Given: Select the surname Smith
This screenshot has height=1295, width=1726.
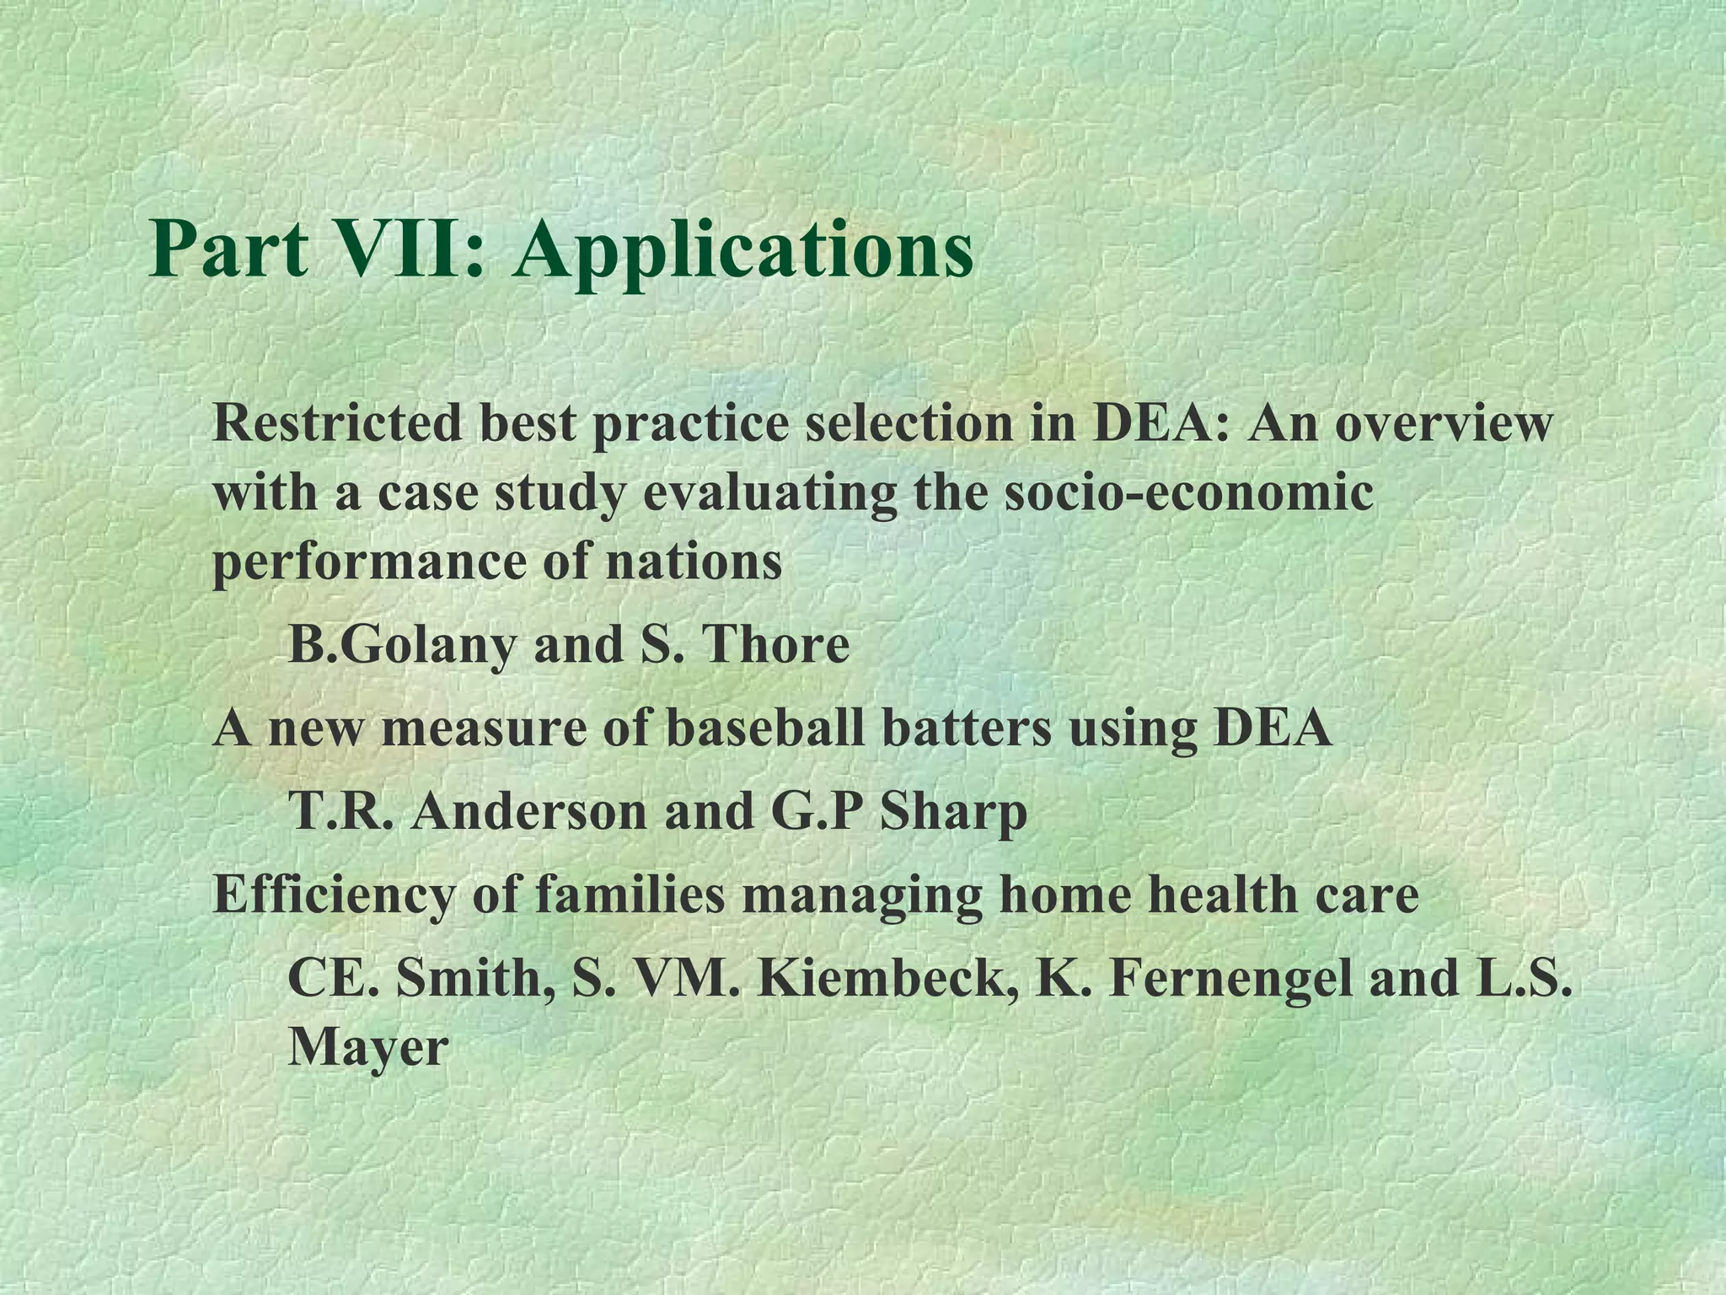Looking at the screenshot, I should (x=473, y=977).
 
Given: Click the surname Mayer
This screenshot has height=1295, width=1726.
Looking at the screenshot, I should (x=367, y=1048).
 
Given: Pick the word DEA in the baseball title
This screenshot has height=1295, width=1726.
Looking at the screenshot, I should (x=1273, y=728).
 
